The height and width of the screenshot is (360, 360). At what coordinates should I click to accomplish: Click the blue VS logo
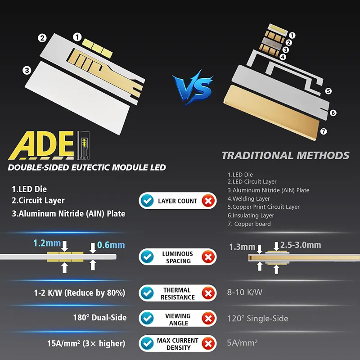pyautogui.click(x=193, y=88)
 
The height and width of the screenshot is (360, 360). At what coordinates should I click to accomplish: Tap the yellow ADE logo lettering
pyautogui.click(x=41, y=145)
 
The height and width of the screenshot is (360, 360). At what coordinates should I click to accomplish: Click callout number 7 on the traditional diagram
pyautogui.click(x=324, y=131)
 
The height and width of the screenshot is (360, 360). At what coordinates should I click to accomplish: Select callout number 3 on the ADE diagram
pyautogui.click(x=27, y=70)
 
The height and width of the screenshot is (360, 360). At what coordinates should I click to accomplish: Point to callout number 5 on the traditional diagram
pyautogui.click(x=328, y=91)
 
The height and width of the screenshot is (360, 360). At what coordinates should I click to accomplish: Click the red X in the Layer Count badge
pyautogui.click(x=208, y=201)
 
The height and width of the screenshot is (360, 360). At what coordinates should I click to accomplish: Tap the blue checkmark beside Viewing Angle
pyautogui.click(x=147, y=319)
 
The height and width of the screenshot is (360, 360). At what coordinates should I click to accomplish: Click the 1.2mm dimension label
pyautogui.click(x=47, y=243)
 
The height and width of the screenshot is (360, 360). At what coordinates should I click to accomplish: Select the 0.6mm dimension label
pyautogui.click(x=111, y=245)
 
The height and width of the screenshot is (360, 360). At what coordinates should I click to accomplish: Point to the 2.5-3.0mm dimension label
pyautogui.click(x=301, y=245)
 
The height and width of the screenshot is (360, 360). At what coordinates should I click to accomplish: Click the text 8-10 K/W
pyautogui.click(x=244, y=292)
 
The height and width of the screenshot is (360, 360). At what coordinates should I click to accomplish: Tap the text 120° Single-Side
pyautogui.click(x=257, y=319)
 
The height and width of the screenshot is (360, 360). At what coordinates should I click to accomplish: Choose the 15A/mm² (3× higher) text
pyautogui.click(x=86, y=343)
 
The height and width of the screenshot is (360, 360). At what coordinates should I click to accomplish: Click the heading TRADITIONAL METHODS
pyautogui.click(x=285, y=155)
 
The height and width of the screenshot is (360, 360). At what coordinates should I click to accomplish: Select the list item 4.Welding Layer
pyautogui.click(x=249, y=198)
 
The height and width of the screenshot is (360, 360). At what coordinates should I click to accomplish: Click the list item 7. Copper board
pyautogui.click(x=249, y=224)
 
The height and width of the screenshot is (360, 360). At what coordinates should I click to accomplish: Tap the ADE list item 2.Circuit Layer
pyautogui.click(x=38, y=201)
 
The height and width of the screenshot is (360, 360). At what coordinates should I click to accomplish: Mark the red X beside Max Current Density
pyautogui.click(x=208, y=344)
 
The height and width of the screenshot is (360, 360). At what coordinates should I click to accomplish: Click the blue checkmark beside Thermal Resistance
pyautogui.click(x=147, y=293)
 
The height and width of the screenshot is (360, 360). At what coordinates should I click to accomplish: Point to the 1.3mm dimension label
pyautogui.click(x=242, y=247)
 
